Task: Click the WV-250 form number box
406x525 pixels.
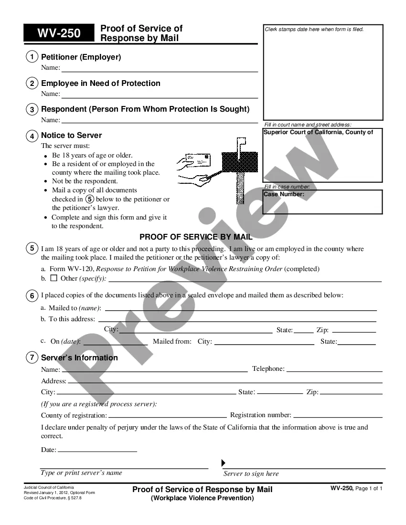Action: coord(59,33)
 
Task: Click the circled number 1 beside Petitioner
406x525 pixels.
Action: coord(32,57)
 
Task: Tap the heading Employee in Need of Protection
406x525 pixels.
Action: coord(101,84)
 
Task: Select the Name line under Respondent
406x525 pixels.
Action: coord(160,120)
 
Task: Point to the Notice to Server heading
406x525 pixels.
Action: coord(71,136)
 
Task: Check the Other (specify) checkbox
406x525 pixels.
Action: coord(53,278)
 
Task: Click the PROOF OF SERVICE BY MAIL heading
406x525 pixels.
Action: coord(196,237)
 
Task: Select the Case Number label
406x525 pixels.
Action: coord(284,194)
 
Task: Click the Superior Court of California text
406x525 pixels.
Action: coord(318,132)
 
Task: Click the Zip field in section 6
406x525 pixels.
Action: coord(354,330)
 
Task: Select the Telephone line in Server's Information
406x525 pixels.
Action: coord(334,369)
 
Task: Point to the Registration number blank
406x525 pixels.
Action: coord(338,416)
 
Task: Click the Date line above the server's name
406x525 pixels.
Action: coord(97,450)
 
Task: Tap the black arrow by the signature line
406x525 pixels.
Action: coord(223,463)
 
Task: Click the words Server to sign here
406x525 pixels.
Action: coord(251,474)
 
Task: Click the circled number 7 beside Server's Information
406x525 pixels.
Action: coord(32,357)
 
